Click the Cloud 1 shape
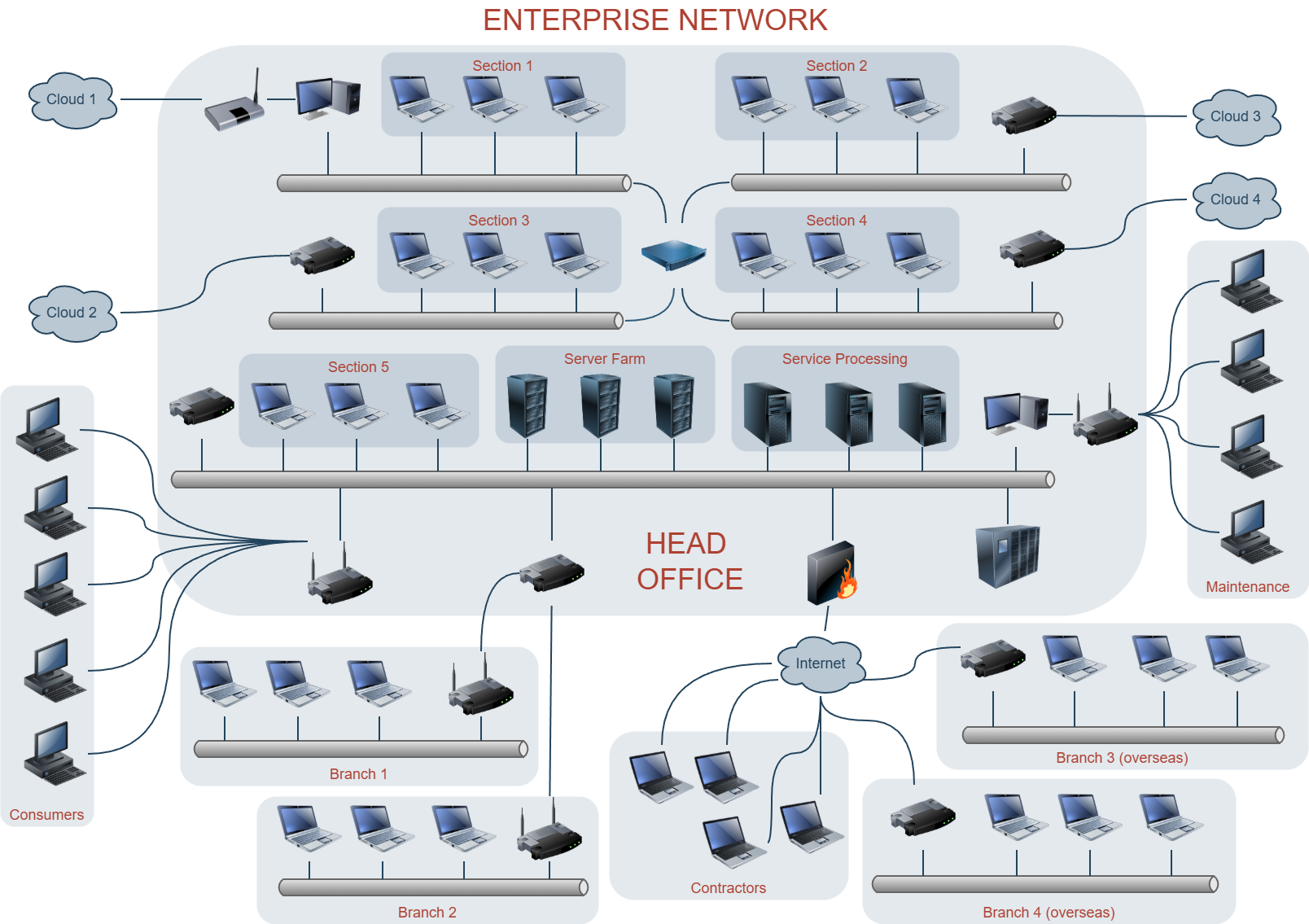point(72,100)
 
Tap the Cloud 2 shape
point(72,313)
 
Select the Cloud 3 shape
point(1236,117)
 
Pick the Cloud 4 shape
point(1236,200)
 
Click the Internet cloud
point(821,664)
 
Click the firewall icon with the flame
point(832,573)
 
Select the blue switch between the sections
point(673,254)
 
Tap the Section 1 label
point(502,65)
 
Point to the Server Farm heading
point(604,359)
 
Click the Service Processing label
point(844,359)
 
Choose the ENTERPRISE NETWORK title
point(655,20)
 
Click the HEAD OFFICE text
point(690,561)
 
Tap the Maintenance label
point(1248,587)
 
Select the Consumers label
point(46,815)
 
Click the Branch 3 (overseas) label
point(1122,758)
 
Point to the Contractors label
point(728,888)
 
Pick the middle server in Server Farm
point(600,406)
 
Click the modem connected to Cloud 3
point(1024,116)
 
